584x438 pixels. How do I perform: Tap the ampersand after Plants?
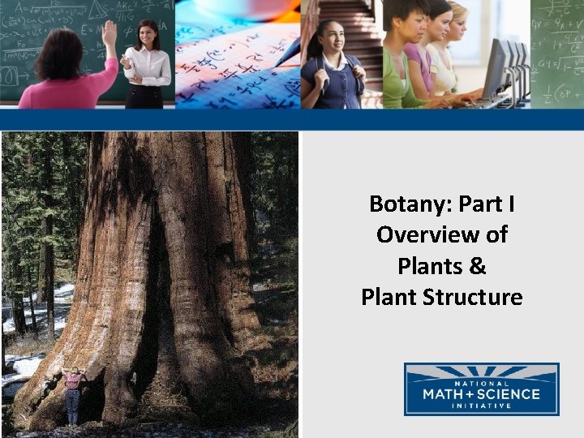click(476, 266)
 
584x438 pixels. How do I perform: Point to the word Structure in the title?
click(473, 297)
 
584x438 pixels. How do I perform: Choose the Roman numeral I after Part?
click(510, 204)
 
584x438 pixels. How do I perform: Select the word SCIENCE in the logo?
click(508, 394)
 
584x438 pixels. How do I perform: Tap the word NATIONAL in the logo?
click(481, 383)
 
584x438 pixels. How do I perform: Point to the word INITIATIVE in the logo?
click(482, 406)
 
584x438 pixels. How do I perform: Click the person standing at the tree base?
click(74, 393)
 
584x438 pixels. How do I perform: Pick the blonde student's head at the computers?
click(457, 16)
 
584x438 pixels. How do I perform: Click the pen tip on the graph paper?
click(278, 63)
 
